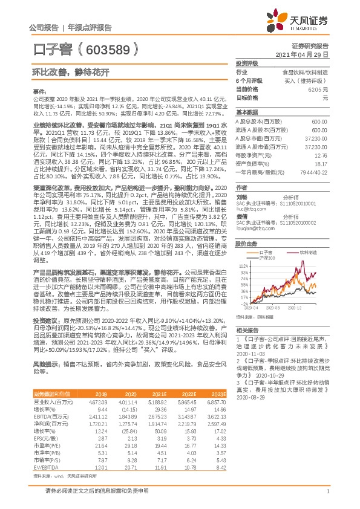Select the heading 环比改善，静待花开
pyautogui.click(x=63, y=73)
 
